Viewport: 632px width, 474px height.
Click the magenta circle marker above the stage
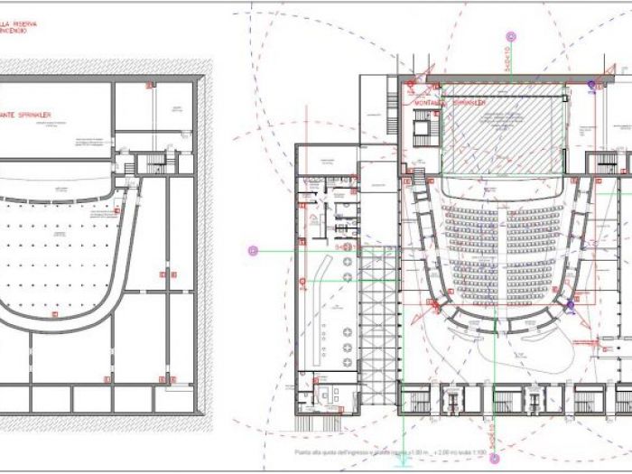coord(512,37)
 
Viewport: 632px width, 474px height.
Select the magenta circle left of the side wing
coord(253,250)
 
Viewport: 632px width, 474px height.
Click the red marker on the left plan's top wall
coord(147,86)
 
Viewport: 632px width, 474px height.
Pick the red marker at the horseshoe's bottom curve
coord(54,315)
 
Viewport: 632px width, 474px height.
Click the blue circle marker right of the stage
coord(592,86)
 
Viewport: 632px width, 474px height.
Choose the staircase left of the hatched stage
coord(422,131)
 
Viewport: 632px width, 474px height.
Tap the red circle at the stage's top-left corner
coord(409,88)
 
